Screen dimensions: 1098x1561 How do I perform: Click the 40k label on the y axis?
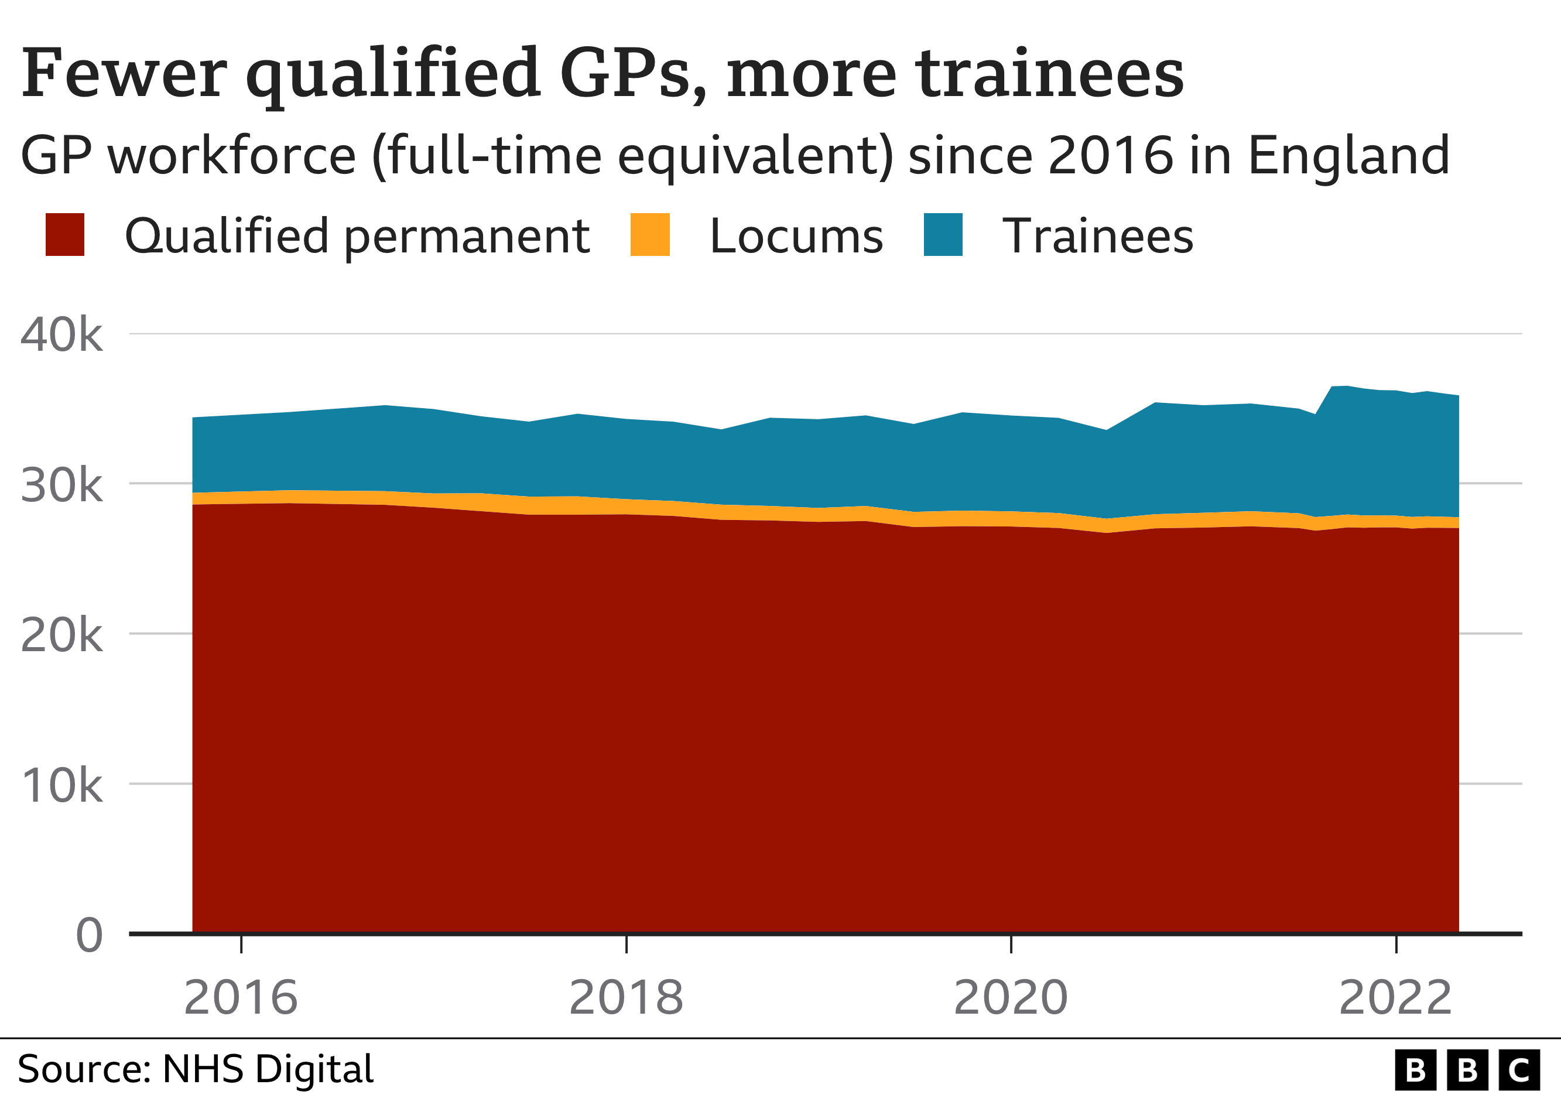61,334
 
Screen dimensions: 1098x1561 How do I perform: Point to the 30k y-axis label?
61,485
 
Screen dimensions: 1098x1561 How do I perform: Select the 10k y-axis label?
61,785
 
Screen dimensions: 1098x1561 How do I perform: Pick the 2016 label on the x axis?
241,997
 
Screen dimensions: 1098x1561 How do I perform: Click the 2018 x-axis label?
625,997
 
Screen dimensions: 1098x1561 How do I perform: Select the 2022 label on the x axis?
1395,997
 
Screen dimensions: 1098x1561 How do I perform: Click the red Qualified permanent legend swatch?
64,235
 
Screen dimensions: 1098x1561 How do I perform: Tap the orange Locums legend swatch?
650,235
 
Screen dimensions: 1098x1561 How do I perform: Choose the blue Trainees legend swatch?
943,235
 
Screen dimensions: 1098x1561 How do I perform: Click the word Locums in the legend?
796,237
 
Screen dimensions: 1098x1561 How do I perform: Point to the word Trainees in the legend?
1097,237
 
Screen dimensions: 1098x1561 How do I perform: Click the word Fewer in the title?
124,73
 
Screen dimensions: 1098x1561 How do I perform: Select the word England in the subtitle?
1349,155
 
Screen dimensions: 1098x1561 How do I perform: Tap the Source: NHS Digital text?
195,1069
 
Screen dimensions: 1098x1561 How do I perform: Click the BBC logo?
1467,1070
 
